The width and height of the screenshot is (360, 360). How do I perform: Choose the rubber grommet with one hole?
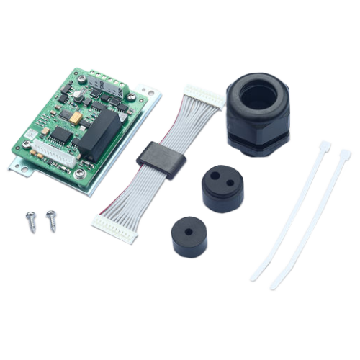pos(188,234)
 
